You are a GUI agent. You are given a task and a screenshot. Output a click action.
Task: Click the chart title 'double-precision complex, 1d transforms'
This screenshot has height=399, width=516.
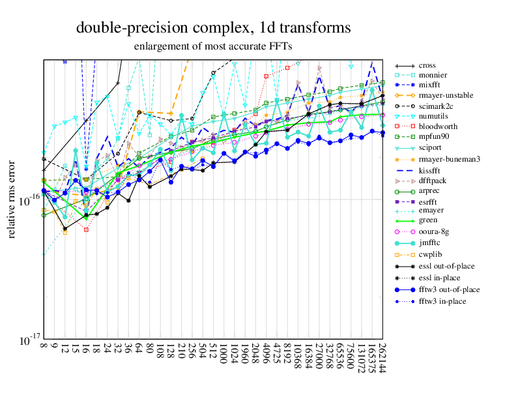(x=214, y=28)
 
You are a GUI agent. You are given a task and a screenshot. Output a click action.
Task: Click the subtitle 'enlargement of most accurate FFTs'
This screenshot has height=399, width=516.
(x=213, y=46)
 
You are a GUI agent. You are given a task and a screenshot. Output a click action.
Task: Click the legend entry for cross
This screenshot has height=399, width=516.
(x=427, y=65)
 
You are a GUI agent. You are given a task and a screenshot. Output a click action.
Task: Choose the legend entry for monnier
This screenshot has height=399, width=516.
(x=432, y=75)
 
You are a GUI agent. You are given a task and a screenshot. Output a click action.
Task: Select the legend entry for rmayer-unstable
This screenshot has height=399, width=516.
(x=446, y=96)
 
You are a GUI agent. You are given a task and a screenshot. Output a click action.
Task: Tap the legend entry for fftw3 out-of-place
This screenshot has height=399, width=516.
(x=449, y=289)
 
